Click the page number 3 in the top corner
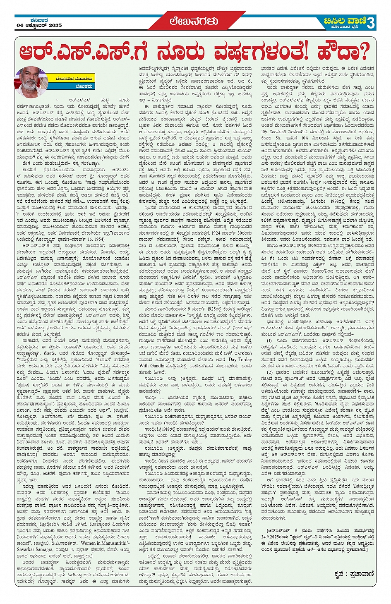pos(370,23)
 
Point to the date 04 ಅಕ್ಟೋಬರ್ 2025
pos(39,26)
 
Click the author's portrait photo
pos(31,81)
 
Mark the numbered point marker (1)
pos(269,340)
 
